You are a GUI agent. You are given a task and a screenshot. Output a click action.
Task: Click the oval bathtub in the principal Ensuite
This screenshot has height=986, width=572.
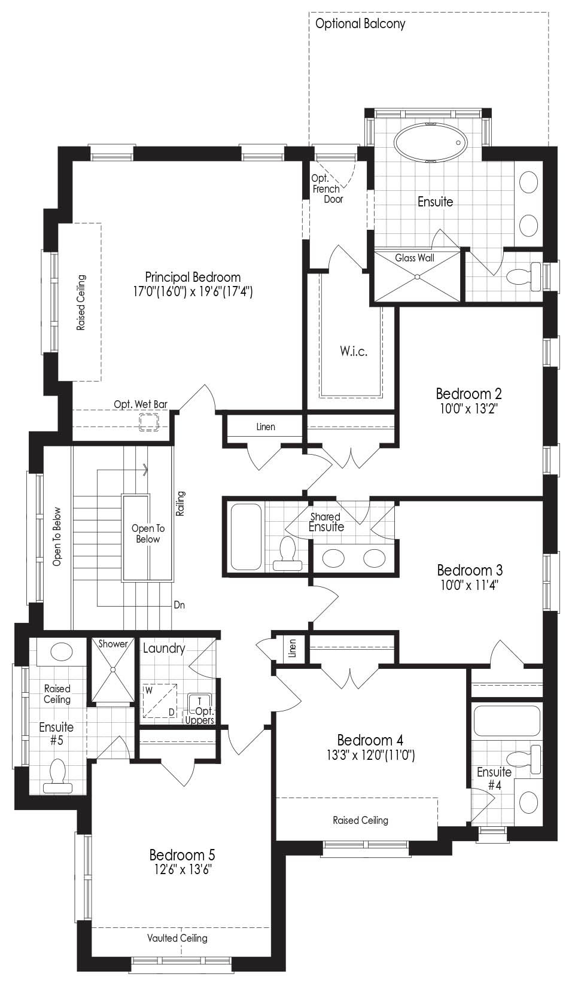430,142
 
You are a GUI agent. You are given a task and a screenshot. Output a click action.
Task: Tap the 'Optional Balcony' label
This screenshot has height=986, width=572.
360,24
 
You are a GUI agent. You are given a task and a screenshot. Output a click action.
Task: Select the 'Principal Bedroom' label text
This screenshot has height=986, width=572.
193,278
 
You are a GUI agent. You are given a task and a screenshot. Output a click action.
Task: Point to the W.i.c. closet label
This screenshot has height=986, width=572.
354,351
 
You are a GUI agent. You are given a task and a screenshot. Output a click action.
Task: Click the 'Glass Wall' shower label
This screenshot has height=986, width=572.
415,258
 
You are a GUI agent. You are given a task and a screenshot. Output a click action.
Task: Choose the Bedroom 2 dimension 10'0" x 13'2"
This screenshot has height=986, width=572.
468,409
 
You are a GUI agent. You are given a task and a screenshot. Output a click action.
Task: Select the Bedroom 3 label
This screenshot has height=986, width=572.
470,570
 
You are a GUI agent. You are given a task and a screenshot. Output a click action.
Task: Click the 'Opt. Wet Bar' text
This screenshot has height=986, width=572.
141,404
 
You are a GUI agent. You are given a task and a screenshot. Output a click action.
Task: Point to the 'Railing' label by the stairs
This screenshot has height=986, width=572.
181,504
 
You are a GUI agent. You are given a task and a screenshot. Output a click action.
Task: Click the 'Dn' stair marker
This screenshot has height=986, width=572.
179,605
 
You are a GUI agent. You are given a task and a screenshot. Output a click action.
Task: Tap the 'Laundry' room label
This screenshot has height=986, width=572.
164,649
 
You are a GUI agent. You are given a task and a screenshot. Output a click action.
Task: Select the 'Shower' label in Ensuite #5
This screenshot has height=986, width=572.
112,644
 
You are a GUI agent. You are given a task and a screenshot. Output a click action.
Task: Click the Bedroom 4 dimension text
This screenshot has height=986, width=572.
370,755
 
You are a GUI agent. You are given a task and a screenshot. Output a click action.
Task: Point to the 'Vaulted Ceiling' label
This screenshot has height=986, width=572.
178,938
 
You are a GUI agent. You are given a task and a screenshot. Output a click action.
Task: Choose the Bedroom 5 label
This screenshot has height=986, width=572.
182,855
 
